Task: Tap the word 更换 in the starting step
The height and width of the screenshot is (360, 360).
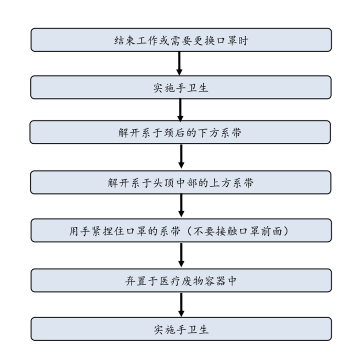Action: tap(204, 41)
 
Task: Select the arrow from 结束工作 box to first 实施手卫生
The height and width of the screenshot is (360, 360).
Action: tap(180, 63)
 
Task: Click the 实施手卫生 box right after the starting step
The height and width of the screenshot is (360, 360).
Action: tap(181, 87)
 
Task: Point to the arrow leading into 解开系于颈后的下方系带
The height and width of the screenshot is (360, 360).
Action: tap(180, 110)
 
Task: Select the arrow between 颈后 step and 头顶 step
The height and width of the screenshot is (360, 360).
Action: tap(181, 156)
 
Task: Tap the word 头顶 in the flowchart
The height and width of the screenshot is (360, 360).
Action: tap(164, 183)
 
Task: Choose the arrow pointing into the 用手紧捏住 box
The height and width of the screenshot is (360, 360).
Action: tap(181, 205)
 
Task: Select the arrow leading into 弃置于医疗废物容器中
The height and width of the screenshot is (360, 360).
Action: tap(181, 254)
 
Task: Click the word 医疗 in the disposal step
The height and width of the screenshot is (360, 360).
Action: tap(170, 281)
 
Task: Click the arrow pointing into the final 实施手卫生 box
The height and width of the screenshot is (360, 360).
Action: tap(181, 305)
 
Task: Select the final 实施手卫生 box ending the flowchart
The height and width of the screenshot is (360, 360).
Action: tap(181, 329)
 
